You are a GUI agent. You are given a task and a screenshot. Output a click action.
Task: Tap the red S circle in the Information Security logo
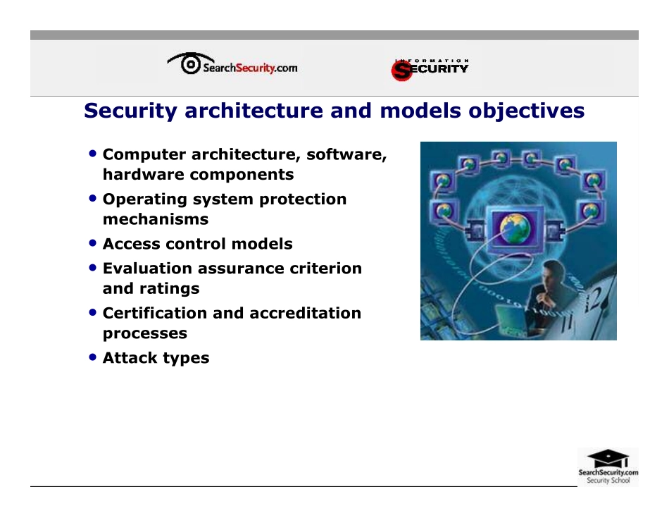(401, 70)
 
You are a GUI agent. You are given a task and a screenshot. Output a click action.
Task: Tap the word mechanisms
(156, 219)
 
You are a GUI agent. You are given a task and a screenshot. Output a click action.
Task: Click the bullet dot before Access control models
(93, 243)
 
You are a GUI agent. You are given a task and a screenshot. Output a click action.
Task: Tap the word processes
(145, 333)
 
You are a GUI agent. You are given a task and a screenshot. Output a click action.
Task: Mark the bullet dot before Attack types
(93, 357)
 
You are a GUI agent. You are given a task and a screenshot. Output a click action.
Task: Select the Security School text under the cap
(608, 481)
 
